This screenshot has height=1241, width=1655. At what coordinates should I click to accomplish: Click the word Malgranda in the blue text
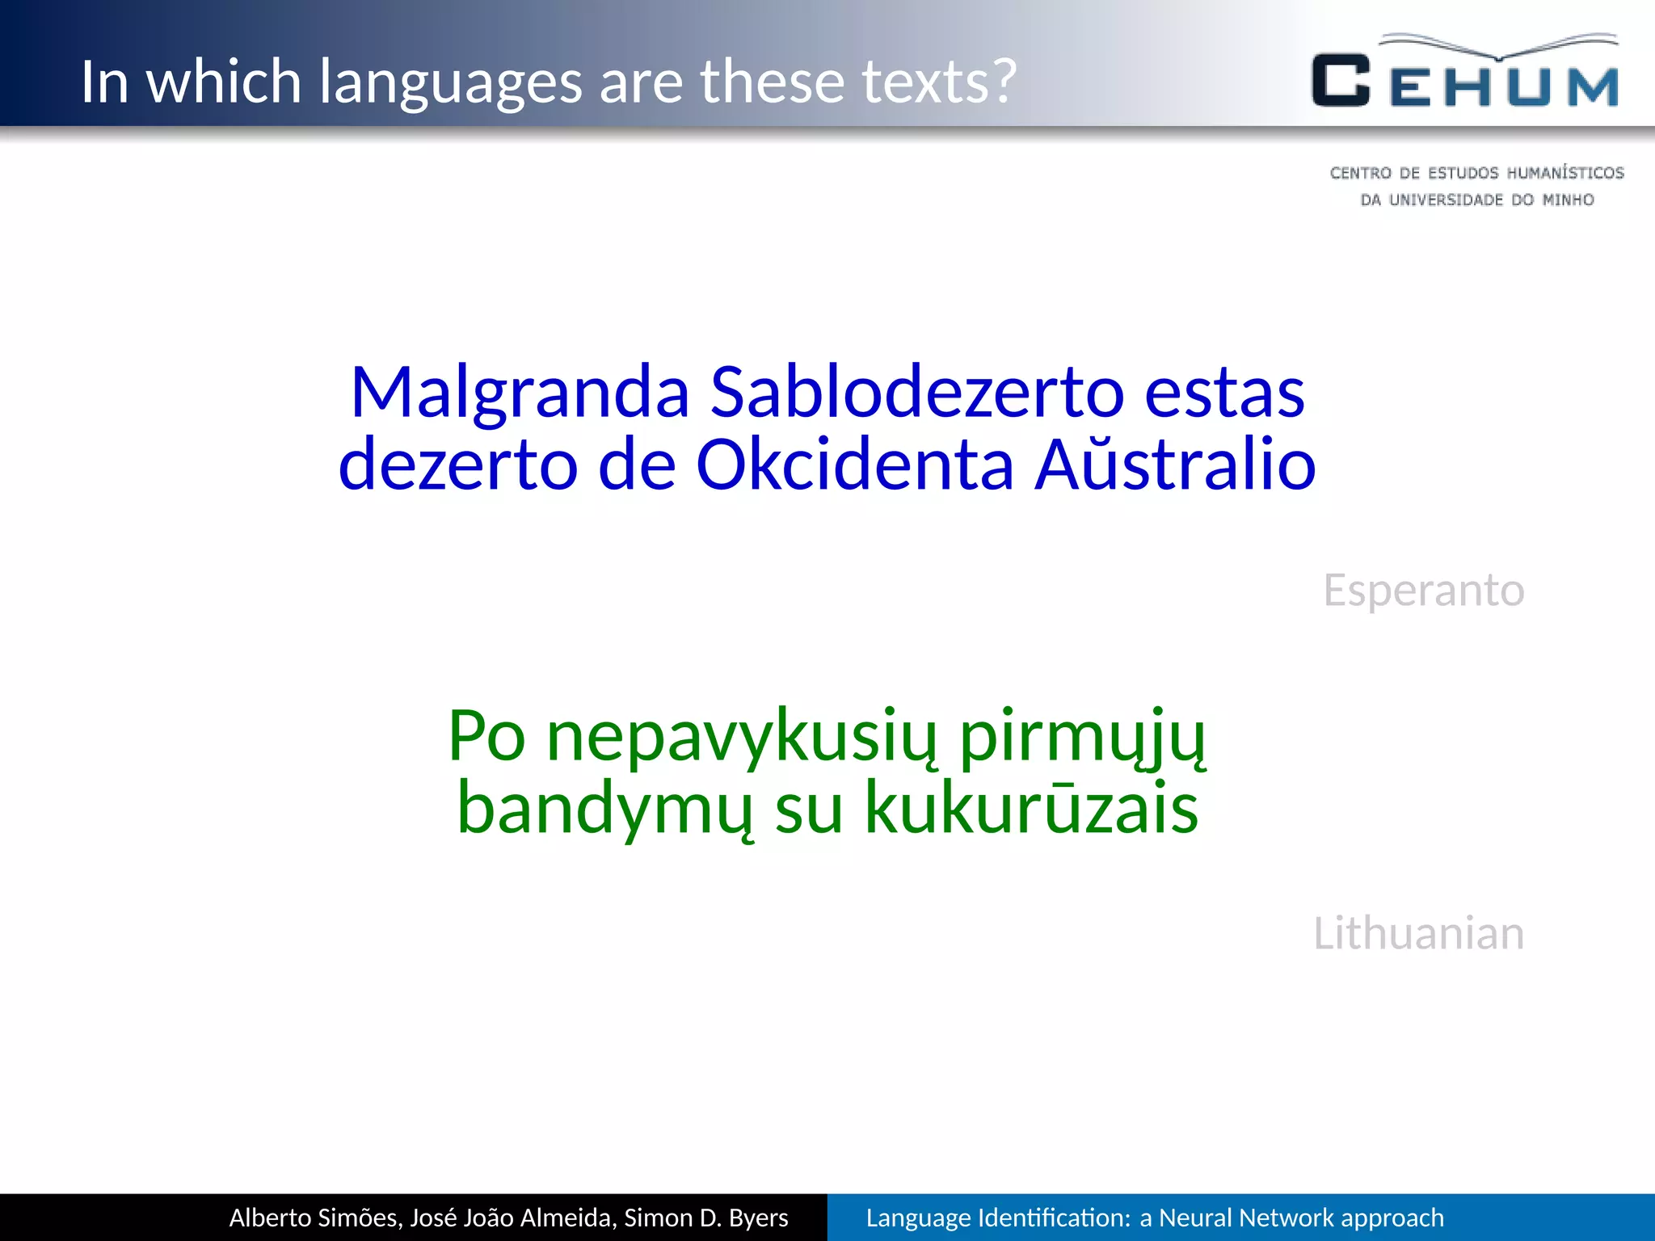(x=520, y=393)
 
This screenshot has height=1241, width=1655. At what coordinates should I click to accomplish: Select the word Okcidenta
(x=854, y=465)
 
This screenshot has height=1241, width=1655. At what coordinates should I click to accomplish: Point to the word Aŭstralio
(x=1175, y=464)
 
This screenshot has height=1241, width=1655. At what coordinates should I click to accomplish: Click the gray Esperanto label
(x=1423, y=591)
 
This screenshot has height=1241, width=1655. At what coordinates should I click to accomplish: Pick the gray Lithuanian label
(x=1418, y=933)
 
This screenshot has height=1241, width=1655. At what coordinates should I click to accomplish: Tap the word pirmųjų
(x=1083, y=737)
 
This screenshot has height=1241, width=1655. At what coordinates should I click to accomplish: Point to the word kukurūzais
(x=1031, y=808)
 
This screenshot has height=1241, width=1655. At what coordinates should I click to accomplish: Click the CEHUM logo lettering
(x=1464, y=81)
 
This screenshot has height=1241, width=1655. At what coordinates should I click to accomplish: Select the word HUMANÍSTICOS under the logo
(x=1564, y=173)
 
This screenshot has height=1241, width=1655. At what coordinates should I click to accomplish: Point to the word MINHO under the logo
(x=1568, y=200)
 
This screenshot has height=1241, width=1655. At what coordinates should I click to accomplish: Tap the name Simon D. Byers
(x=705, y=1218)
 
